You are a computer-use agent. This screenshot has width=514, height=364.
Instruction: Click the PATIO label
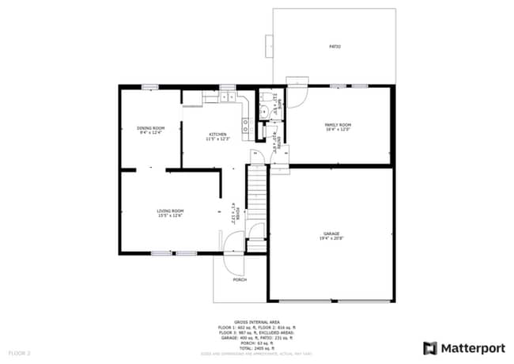click(334, 47)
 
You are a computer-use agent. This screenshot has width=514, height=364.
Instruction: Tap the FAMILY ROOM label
click(338, 124)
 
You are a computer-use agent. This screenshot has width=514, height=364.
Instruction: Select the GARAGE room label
click(331, 233)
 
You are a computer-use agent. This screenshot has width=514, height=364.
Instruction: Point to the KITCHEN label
click(217, 135)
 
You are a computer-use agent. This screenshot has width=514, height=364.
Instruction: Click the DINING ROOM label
click(150, 127)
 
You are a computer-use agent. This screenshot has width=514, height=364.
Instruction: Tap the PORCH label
click(239, 279)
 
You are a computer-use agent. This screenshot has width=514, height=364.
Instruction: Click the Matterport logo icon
click(430, 347)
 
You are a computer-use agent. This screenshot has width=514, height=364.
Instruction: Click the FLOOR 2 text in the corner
click(19, 351)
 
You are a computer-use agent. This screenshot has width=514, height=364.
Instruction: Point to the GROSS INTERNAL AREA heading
click(256, 322)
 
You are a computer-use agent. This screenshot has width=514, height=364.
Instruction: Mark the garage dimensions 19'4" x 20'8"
click(331, 238)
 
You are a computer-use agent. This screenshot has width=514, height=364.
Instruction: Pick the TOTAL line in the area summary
click(256, 347)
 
